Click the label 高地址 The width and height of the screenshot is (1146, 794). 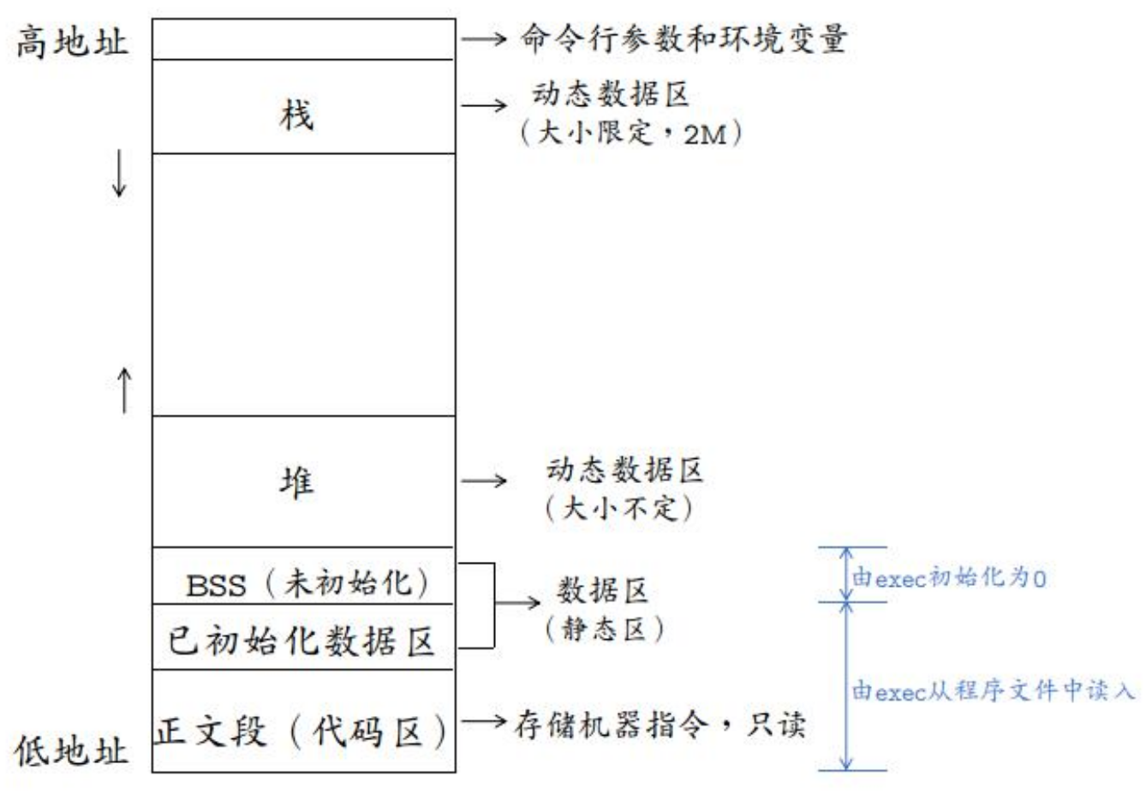pos(72,40)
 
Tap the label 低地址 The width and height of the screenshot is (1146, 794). pos(72,750)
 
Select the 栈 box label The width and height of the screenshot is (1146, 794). pos(296,115)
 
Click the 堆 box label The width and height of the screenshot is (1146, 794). pos(296,482)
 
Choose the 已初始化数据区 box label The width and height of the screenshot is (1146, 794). pos(301,641)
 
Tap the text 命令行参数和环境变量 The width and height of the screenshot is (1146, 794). pos(683,39)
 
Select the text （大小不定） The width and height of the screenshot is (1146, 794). pos(619,508)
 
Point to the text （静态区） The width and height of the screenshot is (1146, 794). pos(605,629)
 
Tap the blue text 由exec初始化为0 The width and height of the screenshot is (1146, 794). pos(949,578)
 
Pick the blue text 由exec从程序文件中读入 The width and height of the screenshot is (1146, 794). pos(994,690)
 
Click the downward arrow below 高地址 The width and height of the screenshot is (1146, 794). pos(120,176)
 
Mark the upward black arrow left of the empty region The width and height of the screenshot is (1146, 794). pos(125,390)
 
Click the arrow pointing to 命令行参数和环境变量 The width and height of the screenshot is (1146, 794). pos(484,39)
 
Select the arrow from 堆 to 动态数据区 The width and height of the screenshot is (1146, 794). pos(484,481)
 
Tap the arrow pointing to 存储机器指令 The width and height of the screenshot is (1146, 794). pos(484,722)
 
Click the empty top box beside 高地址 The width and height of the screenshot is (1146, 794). pos(303,39)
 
